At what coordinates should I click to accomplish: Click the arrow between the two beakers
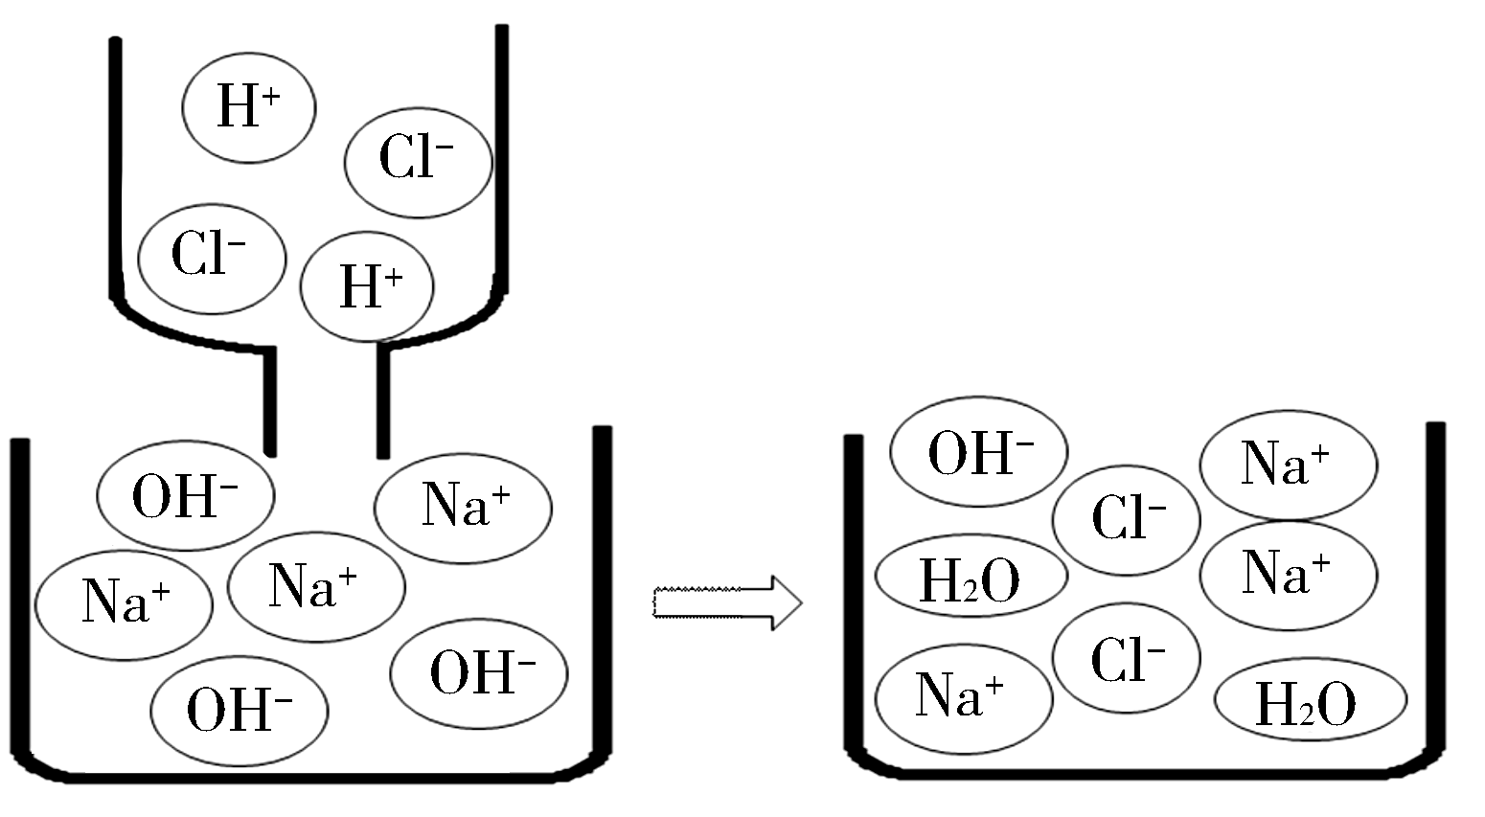click(x=726, y=602)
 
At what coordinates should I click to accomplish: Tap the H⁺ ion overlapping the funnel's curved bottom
click(x=367, y=285)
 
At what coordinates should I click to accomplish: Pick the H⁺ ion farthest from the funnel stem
click(x=248, y=104)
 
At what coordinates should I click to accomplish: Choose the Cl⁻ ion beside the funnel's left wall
click(x=212, y=257)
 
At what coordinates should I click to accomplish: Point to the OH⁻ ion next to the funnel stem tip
click(x=186, y=495)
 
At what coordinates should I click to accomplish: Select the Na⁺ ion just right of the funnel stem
click(x=463, y=508)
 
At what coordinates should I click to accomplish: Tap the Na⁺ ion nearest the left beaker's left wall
click(x=124, y=603)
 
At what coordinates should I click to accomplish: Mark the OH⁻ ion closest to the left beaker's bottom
click(x=240, y=710)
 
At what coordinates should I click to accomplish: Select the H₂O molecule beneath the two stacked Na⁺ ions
click(x=1309, y=703)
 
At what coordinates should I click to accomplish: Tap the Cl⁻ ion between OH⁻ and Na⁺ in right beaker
click(x=1126, y=520)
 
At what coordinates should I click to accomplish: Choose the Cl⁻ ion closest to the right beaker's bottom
click(x=1126, y=658)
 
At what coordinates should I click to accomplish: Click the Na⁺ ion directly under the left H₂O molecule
click(x=964, y=696)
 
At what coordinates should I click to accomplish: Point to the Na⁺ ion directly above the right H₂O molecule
click(x=1288, y=576)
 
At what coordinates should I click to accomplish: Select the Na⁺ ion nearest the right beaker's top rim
click(x=1288, y=465)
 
